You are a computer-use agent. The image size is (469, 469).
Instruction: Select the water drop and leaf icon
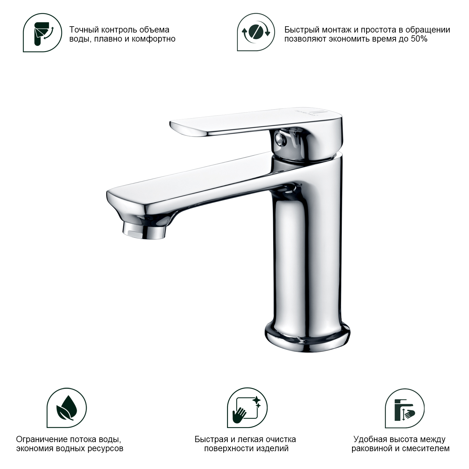(67, 408)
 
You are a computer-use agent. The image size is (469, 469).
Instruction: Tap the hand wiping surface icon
(247, 408)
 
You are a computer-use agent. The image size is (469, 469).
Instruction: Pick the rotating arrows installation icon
(256, 32)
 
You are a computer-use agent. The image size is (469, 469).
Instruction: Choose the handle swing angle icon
(43, 33)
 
